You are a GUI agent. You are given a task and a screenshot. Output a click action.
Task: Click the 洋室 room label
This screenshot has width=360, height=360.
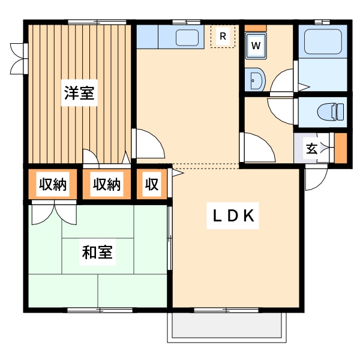click(79, 94)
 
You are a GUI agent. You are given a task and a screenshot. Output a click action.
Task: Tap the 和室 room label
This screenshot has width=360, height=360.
click(97, 253)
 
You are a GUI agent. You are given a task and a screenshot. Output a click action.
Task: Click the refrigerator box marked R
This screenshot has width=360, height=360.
click(223, 37)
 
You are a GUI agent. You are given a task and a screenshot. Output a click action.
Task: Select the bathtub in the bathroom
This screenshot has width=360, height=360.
click(323, 42)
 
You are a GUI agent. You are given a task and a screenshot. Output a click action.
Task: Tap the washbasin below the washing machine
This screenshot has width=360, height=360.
click(254, 79)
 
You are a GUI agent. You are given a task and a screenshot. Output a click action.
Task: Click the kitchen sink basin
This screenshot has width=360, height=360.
click(189, 37)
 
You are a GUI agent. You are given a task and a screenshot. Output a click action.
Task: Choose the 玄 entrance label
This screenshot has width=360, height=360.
click(312, 148)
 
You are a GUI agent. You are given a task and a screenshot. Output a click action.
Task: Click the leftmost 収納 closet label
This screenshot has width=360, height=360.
click(53, 185)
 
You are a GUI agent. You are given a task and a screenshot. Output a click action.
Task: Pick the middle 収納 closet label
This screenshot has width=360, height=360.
click(106, 185)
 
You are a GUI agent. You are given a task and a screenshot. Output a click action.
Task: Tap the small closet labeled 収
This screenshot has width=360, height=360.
click(151, 185)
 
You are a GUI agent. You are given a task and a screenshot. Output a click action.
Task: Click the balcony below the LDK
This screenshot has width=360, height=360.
click(227, 327)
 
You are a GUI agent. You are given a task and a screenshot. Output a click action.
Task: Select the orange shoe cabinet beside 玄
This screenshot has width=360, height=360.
click(341, 148)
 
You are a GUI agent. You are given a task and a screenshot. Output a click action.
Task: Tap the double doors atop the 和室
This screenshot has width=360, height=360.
click(54, 213)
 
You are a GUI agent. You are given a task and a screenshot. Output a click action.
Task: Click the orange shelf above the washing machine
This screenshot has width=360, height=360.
click(255, 28)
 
